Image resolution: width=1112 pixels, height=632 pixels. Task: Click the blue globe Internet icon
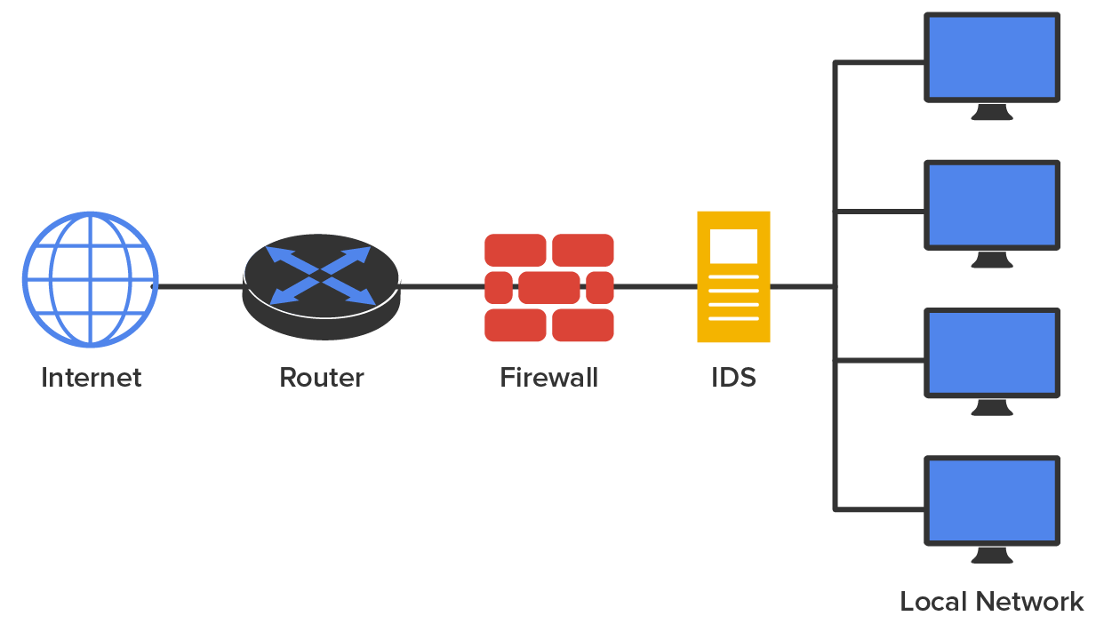pyautogui.click(x=90, y=279)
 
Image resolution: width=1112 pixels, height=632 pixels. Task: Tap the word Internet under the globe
pyautogui.click(x=91, y=378)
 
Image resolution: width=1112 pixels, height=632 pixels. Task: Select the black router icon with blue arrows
pyautogui.click(x=322, y=284)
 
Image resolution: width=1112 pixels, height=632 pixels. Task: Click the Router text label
pyautogui.click(x=322, y=378)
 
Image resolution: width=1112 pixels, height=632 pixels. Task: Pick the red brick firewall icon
pyautogui.click(x=549, y=287)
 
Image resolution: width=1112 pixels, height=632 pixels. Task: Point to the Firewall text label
pyautogui.click(x=549, y=378)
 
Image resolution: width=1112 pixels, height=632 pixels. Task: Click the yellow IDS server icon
pyautogui.click(x=733, y=276)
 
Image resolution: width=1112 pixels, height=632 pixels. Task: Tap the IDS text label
pyautogui.click(x=733, y=378)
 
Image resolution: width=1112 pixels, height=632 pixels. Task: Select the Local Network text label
pyautogui.click(x=992, y=602)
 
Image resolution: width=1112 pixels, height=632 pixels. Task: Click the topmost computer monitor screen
pyautogui.click(x=992, y=57)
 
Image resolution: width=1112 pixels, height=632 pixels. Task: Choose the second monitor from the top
pyautogui.click(x=992, y=204)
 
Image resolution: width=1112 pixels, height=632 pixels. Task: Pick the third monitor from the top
pyautogui.click(x=992, y=352)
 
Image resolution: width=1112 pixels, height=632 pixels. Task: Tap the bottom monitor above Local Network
pyautogui.click(x=992, y=500)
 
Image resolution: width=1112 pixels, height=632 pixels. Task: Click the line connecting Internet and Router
pyautogui.click(x=200, y=287)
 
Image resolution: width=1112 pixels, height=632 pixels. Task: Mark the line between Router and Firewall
pyautogui.click(x=442, y=287)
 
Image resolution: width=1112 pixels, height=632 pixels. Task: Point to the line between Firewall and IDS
pyautogui.click(x=655, y=287)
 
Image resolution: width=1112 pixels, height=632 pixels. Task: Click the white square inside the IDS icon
pyautogui.click(x=733, y=246)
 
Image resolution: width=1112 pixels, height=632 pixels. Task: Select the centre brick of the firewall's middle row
pyautogui.click(x=549, y=287)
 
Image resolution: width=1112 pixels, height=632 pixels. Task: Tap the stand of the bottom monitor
pyautogui.click(x=992, y=556)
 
